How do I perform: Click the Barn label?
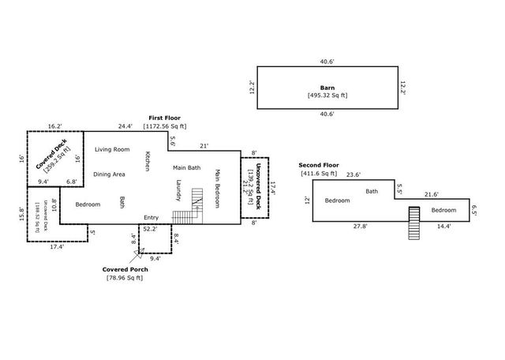[327, 88]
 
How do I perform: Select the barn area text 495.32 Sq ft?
[327, 96]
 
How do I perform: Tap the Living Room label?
[112, 149]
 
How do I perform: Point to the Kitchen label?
[147, 161]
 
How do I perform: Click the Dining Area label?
[110, 174]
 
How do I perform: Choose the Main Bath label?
[187, 167]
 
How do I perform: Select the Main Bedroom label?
[217, 189]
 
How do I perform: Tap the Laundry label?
[179, 191]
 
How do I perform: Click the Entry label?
[151, 217]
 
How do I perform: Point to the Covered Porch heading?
[125, 269]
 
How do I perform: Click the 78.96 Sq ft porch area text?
[125, 278]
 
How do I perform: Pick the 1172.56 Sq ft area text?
[165, 126]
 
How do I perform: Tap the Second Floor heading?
[317, 165]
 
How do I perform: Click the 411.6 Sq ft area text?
[317, 173]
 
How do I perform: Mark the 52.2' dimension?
[149, 229]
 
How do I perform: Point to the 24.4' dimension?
[125, 126]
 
